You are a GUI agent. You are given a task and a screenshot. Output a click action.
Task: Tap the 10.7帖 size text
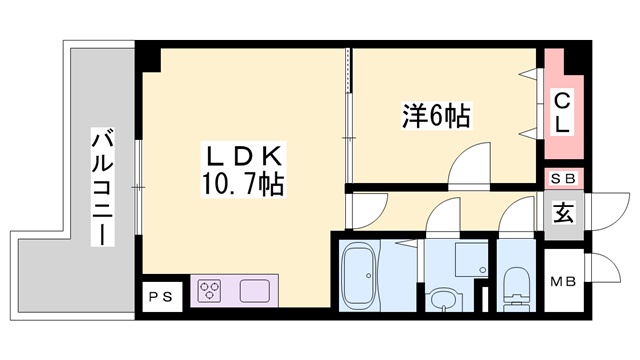(x=245, y=184)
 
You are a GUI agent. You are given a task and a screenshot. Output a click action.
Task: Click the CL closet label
(x=563, y=112)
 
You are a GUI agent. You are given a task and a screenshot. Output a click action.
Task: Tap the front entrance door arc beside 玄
(x=603, y=213)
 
